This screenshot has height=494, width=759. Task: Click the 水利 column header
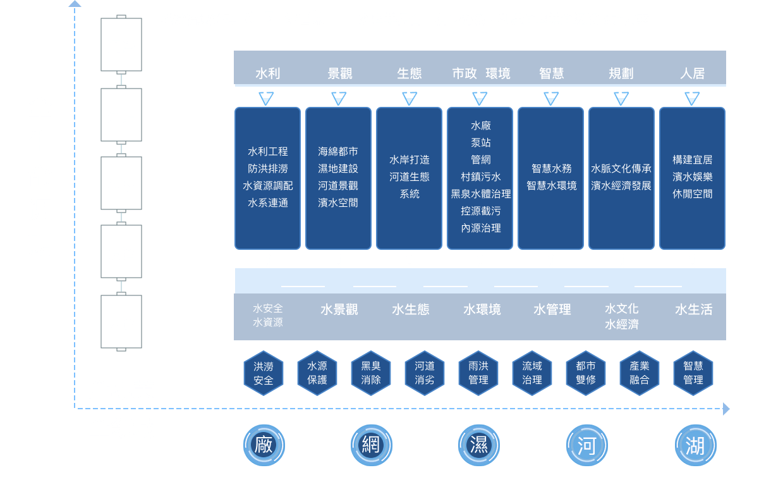[267, 73]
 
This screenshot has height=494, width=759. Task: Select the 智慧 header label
[551, 73]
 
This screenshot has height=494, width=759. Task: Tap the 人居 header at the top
[692, 73]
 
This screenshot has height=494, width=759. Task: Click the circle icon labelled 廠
[264, 445]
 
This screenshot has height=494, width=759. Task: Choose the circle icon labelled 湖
[695, 445]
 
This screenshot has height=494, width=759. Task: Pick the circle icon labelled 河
[587, 445]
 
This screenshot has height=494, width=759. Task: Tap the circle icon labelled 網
[371, 445]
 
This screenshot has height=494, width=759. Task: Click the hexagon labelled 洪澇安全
[264, 373]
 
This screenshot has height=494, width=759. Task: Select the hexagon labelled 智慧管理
[693, 373]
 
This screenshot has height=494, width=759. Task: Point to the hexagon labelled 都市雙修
[586, 373]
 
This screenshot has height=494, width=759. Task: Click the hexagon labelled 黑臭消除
[371, 373]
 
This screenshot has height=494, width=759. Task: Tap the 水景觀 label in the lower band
[339, 309]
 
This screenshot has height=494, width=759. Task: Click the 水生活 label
[693, 309]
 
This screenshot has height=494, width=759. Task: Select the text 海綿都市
[338, 152]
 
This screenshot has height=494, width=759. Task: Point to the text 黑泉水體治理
[480, 194]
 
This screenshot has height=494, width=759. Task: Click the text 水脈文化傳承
[621, 169]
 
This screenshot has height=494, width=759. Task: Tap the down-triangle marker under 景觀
[339, 98]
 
